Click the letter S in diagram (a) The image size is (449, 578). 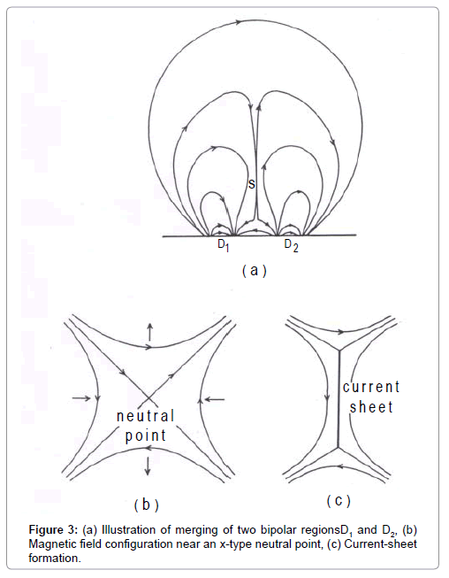point(251,184)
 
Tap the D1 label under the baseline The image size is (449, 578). point(224,245)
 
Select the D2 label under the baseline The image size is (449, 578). point(291,245)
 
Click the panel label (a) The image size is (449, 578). point(255,271)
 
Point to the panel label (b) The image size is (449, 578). point(147,505)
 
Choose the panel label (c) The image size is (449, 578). point(339,501)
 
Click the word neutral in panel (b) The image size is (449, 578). point(145,416)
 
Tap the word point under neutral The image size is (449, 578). point(146,435)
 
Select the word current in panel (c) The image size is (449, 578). point(371,387)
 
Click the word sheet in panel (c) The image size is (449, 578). point(371,407)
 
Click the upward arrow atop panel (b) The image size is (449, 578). point(149,331)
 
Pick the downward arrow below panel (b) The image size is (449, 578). point(148,466)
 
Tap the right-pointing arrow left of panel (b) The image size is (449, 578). point(81,398)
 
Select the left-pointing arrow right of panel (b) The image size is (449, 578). point(214,398)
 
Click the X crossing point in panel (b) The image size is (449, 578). point(148,398)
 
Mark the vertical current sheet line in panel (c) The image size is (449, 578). point(339,398)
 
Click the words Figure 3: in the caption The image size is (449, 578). point(53,530)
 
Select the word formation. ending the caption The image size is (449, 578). point(55,559)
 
